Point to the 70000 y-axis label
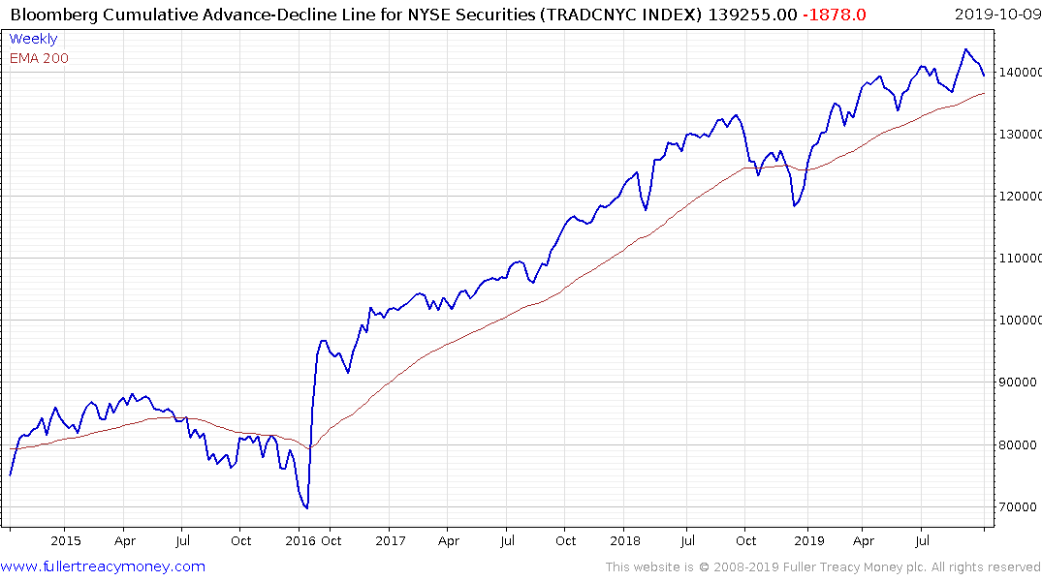pos(1019,506)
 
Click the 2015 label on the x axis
pos(65,541)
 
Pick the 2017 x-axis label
pos(390,541)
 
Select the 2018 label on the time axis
pos(625,541)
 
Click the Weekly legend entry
pos(33,39)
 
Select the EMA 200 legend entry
pos(39,58)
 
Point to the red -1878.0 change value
pos(835,14)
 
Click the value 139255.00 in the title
pos(751,14)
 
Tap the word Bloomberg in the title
pos(49,14)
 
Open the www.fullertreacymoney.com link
pos(103,566)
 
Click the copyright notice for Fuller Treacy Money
pos(823,567)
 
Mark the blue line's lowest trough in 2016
pos(306,507)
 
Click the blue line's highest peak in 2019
pos(965,49)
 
